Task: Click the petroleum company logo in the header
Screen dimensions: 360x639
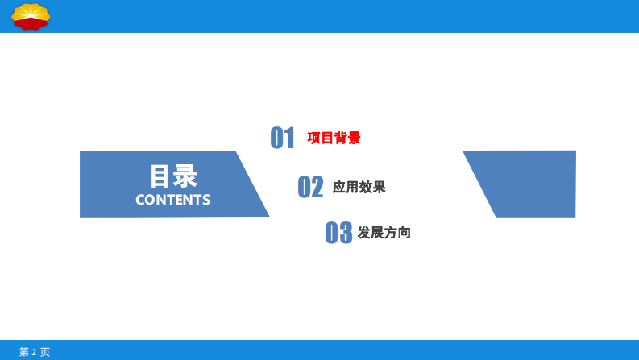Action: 30,15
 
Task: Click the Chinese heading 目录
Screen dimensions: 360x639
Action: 173,176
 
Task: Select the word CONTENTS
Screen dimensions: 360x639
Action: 172,200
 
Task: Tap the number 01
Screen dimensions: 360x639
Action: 283,138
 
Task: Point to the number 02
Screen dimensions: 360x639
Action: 310,187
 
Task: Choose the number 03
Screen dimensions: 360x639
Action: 338,233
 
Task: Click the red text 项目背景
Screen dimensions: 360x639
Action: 334,138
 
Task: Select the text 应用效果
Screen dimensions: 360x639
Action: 359,187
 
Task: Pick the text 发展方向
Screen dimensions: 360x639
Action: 384,233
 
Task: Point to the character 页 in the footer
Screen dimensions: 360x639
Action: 45,352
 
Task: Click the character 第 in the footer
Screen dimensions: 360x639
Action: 23,352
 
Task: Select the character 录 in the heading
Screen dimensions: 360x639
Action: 185,176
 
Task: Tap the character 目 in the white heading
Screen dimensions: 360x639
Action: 160,176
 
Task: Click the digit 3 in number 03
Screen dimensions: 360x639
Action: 345,233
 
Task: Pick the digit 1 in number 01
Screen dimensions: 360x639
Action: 289,138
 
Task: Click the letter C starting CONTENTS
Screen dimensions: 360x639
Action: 140,200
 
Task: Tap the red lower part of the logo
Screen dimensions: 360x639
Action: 30,24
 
